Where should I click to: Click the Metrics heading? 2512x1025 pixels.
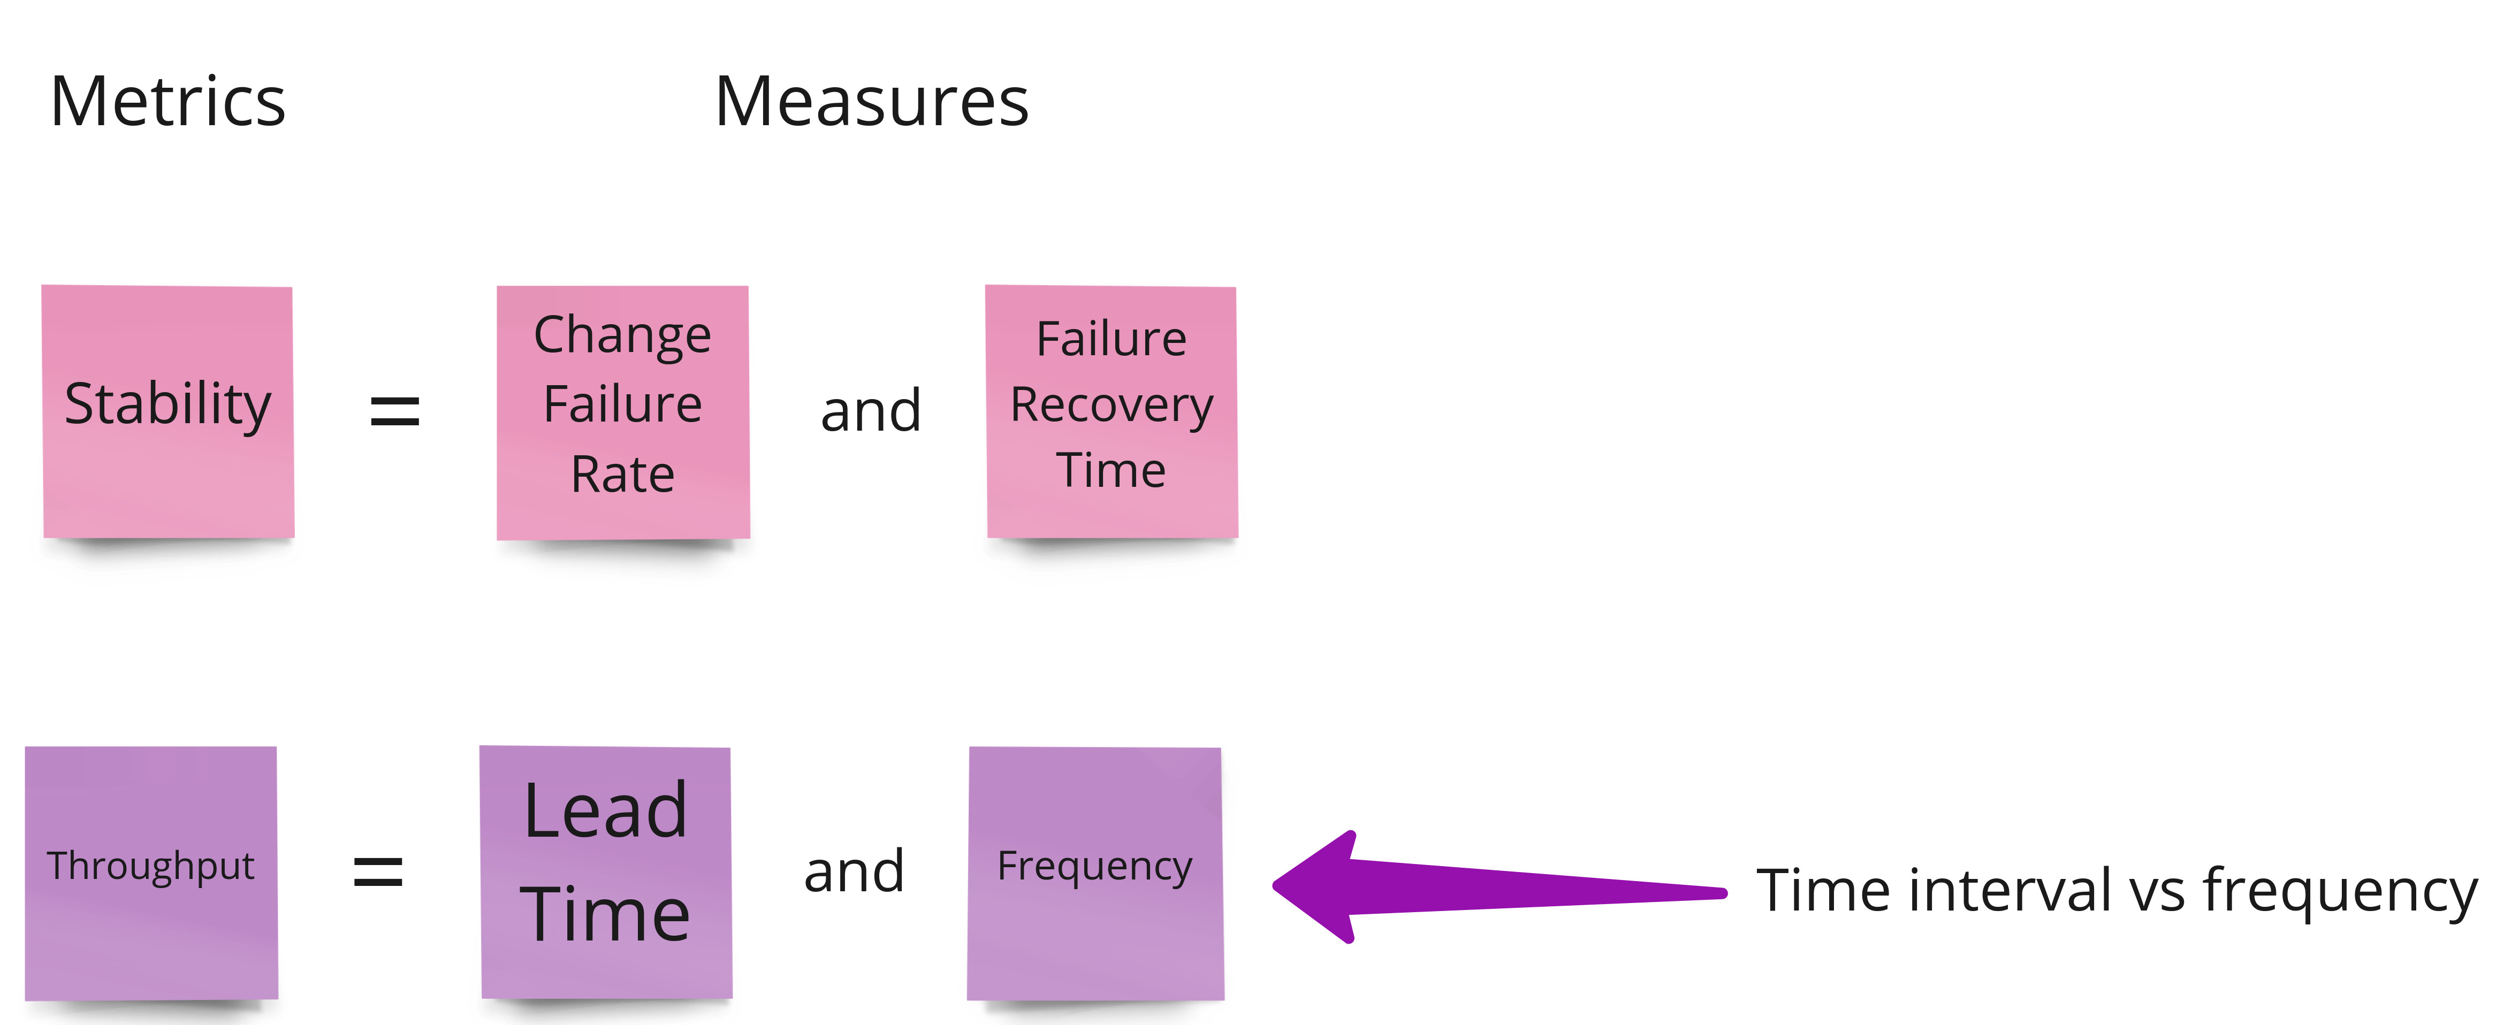pos(168,102)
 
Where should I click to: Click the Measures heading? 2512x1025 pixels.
pos(871,102)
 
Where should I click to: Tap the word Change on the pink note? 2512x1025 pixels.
pos(622,335)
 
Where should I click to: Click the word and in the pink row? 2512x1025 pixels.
pos(871,410)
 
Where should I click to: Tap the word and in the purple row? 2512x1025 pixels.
pos(854,871)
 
